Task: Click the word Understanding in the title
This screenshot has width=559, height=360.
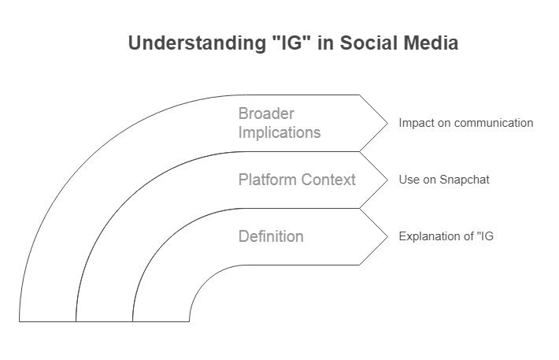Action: click(197, 43)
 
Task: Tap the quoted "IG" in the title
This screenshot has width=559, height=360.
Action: click(291, 43)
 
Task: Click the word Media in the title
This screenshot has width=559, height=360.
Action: click(431, 43)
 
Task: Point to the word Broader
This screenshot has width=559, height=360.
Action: click(266, 113)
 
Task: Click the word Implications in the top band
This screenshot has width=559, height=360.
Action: click(279, 132)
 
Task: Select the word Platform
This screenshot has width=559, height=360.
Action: click(267, 180)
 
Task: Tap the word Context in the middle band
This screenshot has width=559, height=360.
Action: click(328, 180)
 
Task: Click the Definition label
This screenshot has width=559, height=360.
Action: click(271, 236)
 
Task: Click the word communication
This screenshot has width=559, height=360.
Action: click(494, 123)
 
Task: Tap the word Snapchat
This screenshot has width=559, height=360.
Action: click(465, 180)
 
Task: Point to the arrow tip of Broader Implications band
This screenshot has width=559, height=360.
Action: click(387, 123)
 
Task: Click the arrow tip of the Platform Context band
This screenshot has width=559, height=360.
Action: click(387, 180)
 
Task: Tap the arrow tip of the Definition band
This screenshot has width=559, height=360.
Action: click(387, 236)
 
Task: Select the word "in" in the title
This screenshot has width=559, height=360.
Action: click(325, 43)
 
